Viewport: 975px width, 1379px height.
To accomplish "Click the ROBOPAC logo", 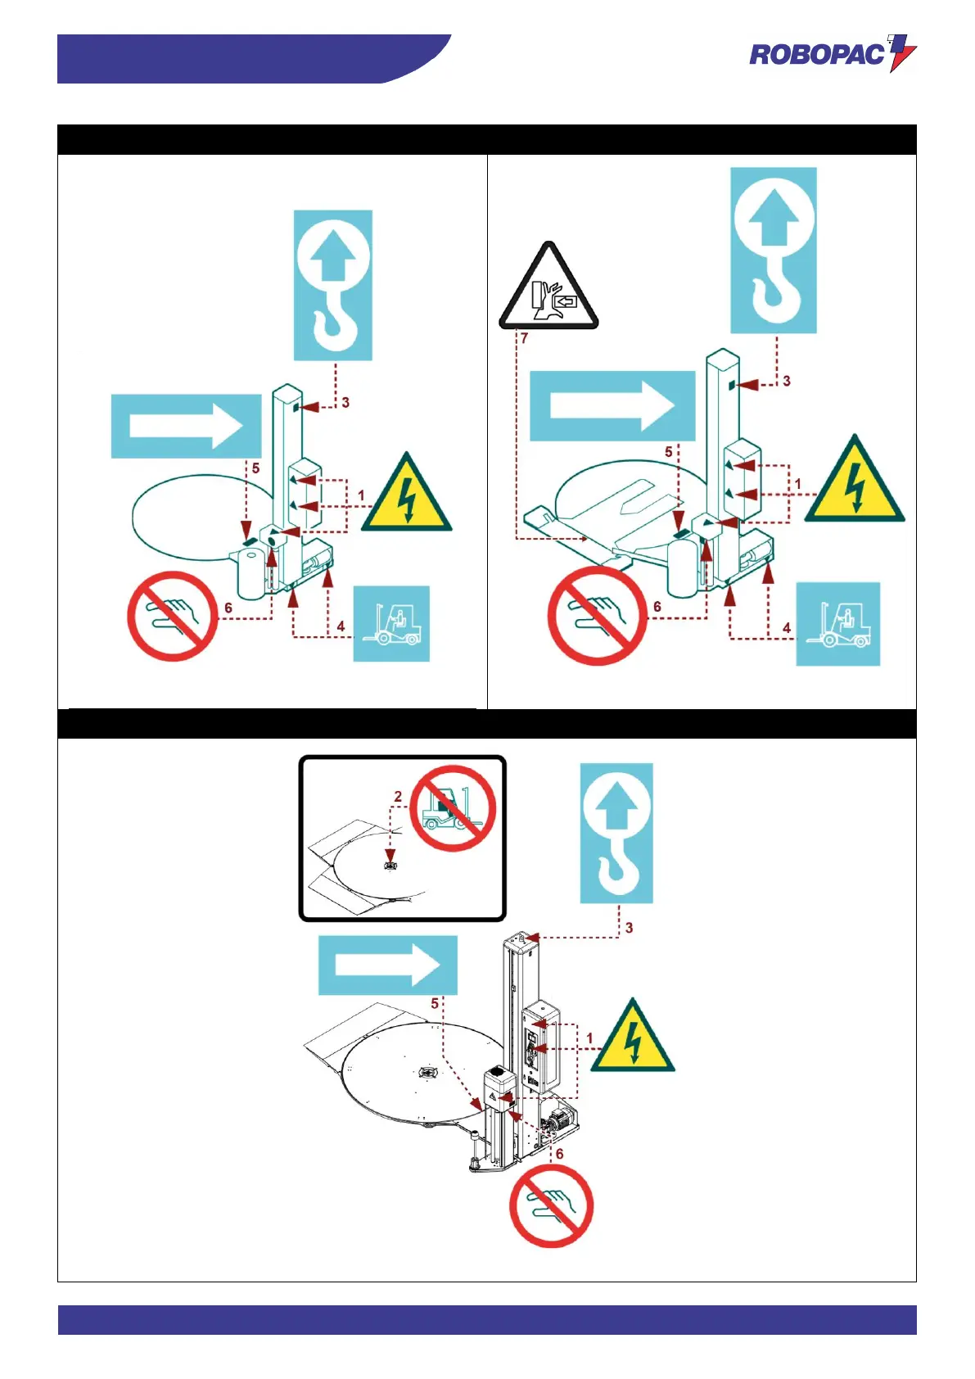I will click(833, 54).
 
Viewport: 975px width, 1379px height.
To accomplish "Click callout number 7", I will click(524, 337).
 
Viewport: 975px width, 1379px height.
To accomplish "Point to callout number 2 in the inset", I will click(398, 796).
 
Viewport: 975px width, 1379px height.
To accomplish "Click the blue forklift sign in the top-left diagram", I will click(391, 623).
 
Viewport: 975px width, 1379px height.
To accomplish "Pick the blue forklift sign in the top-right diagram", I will click(837, 623).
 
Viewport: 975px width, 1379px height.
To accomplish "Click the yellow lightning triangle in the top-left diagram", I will click(407, 495).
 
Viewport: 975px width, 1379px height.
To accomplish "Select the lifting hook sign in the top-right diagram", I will click(774, 250).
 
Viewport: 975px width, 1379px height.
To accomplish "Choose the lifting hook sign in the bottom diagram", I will click(616, 833).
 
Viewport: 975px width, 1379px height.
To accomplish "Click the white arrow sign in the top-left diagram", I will click(186, 426).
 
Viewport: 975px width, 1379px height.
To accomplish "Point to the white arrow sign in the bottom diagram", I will click(387, 965).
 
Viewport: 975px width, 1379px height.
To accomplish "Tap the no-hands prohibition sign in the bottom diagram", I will click(551, 1206).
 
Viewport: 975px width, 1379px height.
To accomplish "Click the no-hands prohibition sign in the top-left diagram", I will click(172, 616).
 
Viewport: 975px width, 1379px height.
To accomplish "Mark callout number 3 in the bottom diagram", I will click(629, 928).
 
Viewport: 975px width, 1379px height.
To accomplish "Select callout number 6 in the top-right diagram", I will click(657, 607).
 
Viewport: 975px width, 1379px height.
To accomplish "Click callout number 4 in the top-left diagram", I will click(341, 626).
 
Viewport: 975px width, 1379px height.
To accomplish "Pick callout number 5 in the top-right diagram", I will click(669, 452).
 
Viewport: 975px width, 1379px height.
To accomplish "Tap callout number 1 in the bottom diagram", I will click(589, 1038).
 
